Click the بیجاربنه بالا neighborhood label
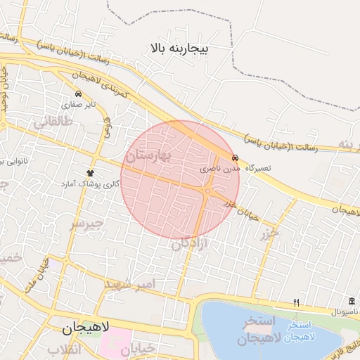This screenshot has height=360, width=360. coord(179,49)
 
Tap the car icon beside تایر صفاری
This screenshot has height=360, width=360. coord(77,94)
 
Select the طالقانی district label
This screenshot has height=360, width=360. coord(53,122)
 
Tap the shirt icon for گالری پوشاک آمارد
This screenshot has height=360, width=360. coord(90,172)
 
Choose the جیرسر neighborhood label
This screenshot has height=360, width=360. coord(86,224)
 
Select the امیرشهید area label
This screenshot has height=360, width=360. coord(127,283)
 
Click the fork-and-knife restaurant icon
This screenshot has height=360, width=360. coord(296,302)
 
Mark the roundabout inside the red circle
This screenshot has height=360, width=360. coord(208,191)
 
